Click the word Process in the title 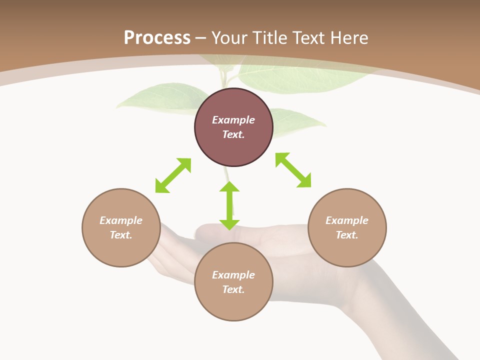[x=157, y=38]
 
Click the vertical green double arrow [x=229, y=205]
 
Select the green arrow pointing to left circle [x=173, y=175]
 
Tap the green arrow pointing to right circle [x=293, y=170]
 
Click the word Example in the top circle [x=233, y=120]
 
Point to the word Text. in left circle [x=121, y=235]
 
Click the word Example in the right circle [x=347, y=220]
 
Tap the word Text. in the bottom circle [x=233, y=289]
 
